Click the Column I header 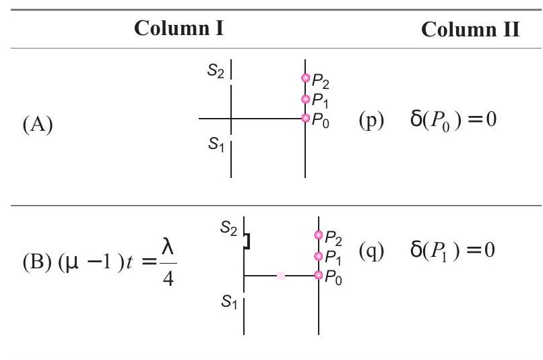[179, 28]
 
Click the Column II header [470, 29]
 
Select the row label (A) [38, 125]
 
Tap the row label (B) [37, 262]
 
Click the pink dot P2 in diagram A [305, 78]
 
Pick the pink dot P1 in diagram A [305, 99]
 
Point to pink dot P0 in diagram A [305, 118]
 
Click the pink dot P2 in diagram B [319, 235]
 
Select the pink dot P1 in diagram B [319, 256]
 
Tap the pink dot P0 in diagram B [319, 275]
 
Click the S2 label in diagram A [216, 71]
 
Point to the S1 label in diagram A [216, 144]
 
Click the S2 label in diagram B [228, 229]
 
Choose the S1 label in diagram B [229, 301]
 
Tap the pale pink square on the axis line [281, 276]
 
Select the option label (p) [372, 120]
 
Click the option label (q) [372, 251]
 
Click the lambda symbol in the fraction [168, 247]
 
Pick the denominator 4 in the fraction [168, 278]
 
